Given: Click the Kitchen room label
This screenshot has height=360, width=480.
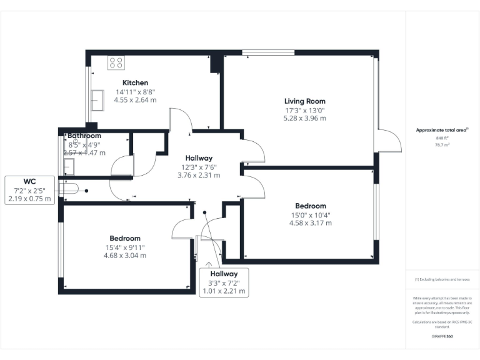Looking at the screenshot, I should [x=135, y=82].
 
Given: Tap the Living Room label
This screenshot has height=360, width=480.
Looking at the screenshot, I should [x=304, y=101].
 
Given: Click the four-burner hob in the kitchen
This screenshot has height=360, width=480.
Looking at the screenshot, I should [x=116, y=62].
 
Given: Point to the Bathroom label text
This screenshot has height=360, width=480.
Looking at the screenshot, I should [x=84, y=136].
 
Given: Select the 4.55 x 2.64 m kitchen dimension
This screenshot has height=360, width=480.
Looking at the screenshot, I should [x=134, y=99].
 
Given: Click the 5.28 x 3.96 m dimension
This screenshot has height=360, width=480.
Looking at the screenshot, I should [x=304, y=117].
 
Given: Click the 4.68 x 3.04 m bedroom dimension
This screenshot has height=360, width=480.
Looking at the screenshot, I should [x=125, y=255].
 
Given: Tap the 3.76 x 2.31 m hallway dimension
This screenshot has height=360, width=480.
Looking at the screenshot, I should [x=198, y=176].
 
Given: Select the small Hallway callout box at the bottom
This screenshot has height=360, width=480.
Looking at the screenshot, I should [x=224, y=282].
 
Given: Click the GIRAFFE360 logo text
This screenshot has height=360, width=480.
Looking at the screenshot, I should [x=442, y=337].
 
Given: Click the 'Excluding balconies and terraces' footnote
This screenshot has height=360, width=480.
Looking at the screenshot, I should [x=442, y=279].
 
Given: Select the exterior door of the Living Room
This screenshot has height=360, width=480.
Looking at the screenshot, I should [x=387, y=139].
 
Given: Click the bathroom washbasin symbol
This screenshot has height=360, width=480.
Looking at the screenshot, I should [x=69, y=166].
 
